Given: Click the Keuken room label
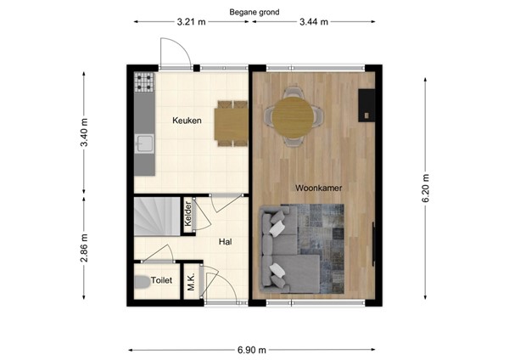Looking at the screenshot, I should tap(187, 121).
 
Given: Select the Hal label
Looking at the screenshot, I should tap(226, 242).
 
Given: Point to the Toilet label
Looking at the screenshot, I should tap(161, 280).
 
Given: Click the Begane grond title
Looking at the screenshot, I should tap(254, 13).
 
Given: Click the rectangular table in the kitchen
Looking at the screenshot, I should tap(231, 121).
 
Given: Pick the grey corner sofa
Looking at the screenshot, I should tap(284, 255).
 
